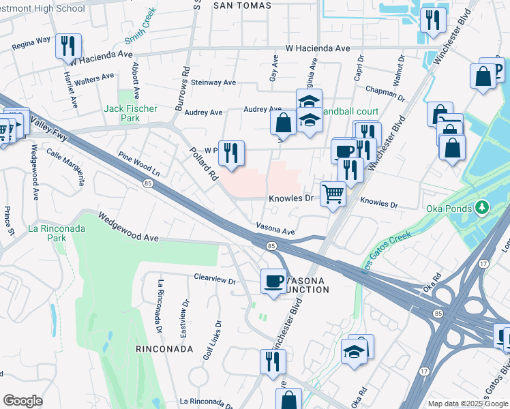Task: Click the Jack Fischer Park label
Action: point(130,113)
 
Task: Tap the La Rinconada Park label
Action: point(57,233)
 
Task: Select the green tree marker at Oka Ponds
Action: point(483,206)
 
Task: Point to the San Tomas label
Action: point(242,5)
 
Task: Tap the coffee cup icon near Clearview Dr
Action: point(274,280)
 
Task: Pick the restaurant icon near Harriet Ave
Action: point(68,46)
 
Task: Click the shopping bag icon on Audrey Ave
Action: point(283,123)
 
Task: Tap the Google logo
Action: point(22,401)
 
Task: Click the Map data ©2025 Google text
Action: point(468,404)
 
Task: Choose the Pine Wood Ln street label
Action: point(138,164)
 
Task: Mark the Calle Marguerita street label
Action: point(65,164)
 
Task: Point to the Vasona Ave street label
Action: point(275,228)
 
